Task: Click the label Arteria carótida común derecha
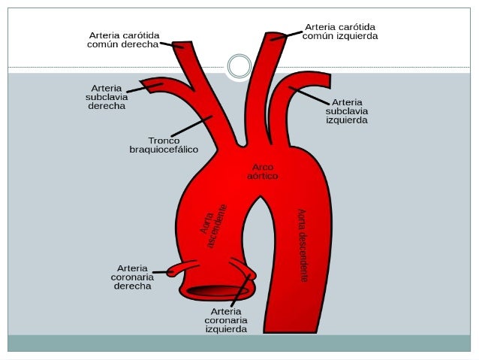pos(124,39)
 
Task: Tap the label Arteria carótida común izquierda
pos(340,31)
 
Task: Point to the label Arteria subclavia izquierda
pos(346,110)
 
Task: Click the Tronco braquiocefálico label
pos(164,145)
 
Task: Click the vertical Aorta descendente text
pos(302,245)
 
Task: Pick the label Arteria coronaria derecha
pos(132,276)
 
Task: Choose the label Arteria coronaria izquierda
pos(226,319)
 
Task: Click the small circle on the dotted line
pos(239,66)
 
